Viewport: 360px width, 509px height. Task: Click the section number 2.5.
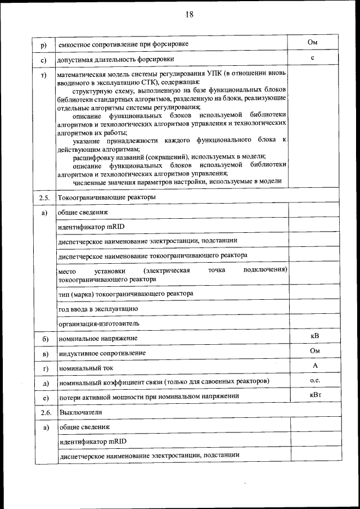point(45,198)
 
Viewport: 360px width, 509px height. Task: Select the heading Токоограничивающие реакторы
point(107,198)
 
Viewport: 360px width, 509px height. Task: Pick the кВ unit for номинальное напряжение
point(314,336)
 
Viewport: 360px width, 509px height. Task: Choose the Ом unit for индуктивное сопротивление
point(314,351)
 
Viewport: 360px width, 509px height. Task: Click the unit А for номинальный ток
point(314,366)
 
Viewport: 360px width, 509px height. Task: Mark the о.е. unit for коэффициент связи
point(314,380)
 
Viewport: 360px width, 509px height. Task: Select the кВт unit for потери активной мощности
point(314,395)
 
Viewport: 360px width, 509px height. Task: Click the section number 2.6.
point(45,412)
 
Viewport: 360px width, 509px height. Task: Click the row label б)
point(45,339)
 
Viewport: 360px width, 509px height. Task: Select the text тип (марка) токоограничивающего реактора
point(125,294)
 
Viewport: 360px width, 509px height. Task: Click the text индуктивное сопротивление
point(102,353)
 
